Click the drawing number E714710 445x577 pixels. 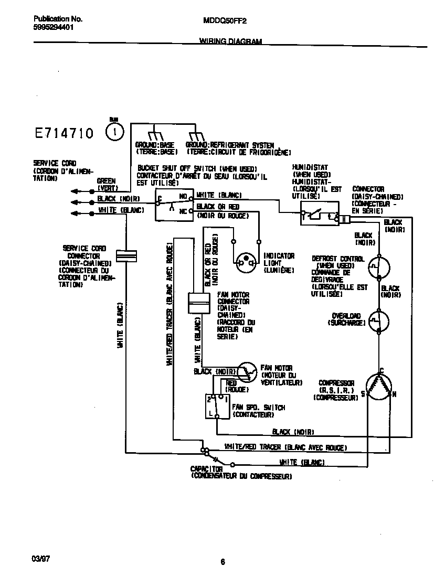point(63,133)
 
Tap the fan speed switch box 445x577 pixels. point(217,406)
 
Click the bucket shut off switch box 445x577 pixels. point(172,205)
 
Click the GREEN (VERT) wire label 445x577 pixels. point(107,184)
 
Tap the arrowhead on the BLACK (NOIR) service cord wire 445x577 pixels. point(74,201)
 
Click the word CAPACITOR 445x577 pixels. point(206,468)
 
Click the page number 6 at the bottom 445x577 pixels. point(222,562)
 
